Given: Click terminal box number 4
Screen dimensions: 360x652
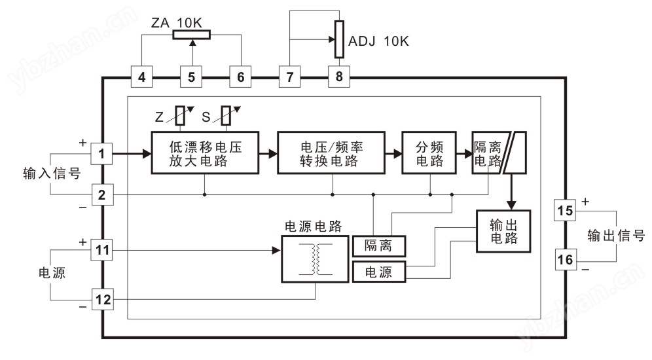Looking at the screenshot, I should pyautogui.click(x=142, y=77).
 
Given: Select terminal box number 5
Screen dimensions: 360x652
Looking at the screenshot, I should pyautogui.click(x=191, y=77).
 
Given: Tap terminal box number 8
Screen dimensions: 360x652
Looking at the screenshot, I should pyautogui.click(x=338, y=77).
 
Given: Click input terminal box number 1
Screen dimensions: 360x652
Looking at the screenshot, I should pyautogui.click(x=101, y=154).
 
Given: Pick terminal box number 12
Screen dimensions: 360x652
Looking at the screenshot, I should pyautogui.click(x=101, y=300).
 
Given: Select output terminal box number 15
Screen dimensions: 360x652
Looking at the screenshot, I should pyautogui.click(x=564, y=211).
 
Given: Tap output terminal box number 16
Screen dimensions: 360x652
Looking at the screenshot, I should pyautogui.click(x=564, y=261).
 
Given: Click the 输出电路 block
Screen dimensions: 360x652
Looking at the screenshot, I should pyautogui.click(x=503, y=231).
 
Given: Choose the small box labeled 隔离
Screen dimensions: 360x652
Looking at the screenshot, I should pyautogui.click(x=380, y=246).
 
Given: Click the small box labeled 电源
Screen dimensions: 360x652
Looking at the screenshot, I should pyautogui.click(x=380, y=272).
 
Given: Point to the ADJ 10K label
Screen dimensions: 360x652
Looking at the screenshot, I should pyautogui.click(x=379, y=42).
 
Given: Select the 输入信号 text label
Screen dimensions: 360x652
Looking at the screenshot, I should pyautogui.click(x=52, y=174).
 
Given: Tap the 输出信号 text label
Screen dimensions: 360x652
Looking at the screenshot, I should pyautogui.click(x=616, y=235).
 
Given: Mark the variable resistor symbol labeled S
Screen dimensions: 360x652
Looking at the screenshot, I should pyautogui.click(x=227, y=116).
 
